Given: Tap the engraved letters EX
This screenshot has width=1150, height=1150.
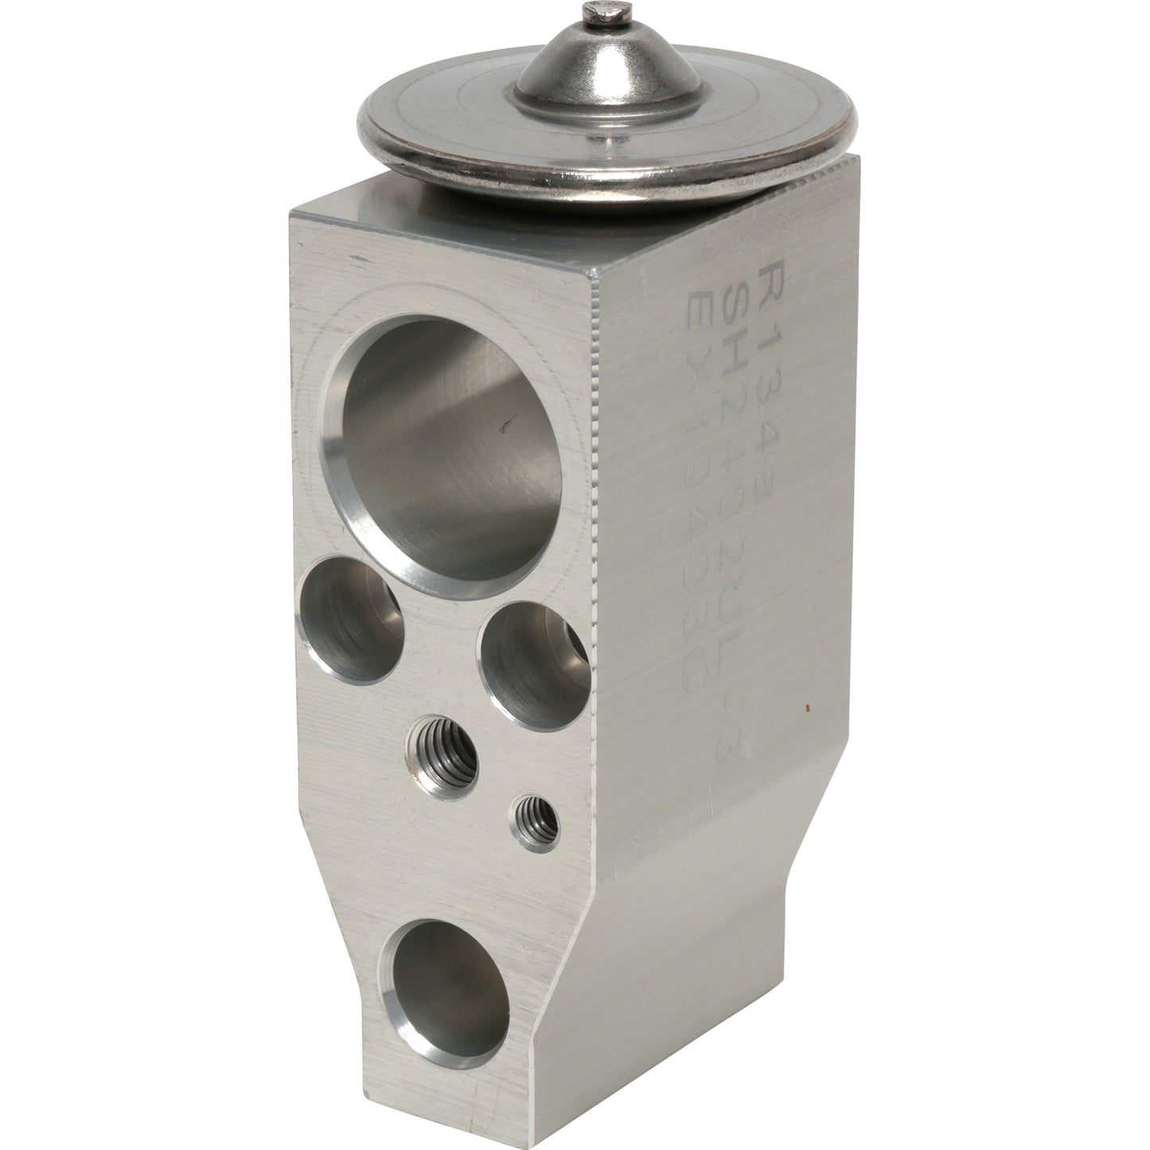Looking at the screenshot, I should (x=704, y=306).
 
